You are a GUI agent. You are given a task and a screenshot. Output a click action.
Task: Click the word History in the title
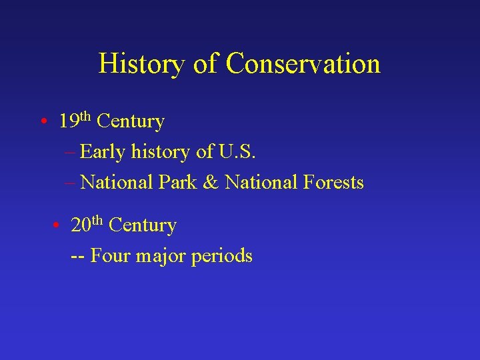point(139,64)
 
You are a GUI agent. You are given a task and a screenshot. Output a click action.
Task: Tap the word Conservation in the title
point(303,64)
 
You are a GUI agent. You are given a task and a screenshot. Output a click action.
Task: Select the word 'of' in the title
point(203,64)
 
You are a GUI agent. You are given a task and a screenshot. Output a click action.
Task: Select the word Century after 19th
point(131,122)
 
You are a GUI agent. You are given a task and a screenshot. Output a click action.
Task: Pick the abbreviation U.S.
point(237,152)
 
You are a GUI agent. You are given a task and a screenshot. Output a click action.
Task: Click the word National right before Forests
point(263,182)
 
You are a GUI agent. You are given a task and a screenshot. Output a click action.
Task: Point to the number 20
point(81,226)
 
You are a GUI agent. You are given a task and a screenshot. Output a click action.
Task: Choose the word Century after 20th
point(143,226)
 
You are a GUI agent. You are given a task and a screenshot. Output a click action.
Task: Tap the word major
point(161,256)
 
